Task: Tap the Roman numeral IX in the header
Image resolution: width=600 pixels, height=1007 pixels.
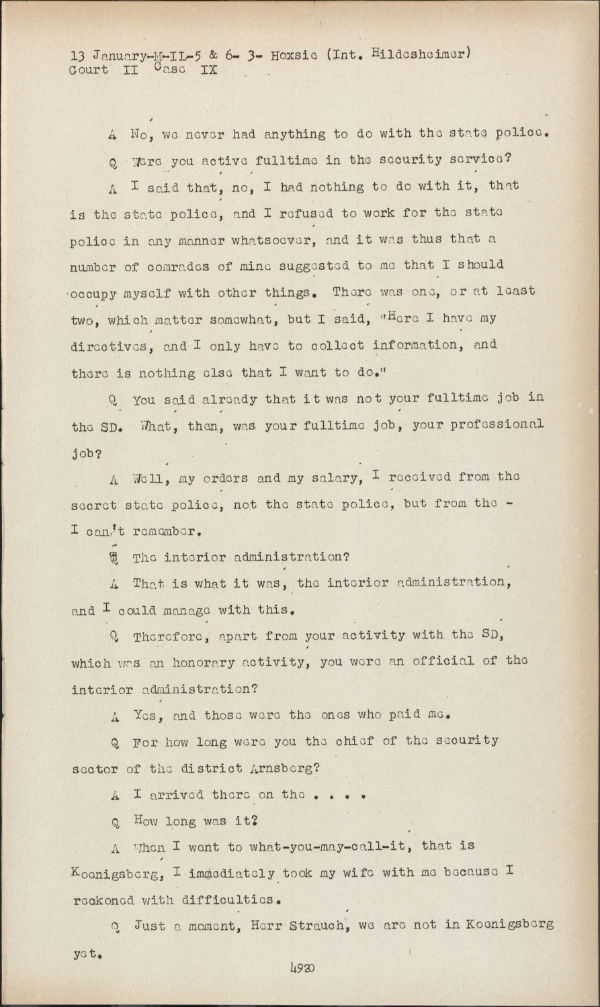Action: (208, 69)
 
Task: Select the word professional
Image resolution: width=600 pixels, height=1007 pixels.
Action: (493, 424)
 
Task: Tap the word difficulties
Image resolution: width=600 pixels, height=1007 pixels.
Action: (229, 899)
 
